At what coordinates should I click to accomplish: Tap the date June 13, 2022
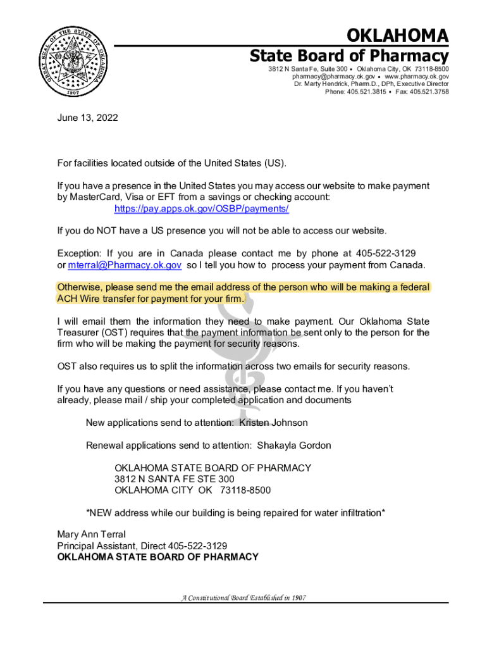pos(87,118)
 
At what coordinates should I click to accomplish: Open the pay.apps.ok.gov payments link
pos(202,208)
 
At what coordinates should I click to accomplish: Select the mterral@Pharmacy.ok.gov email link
pos(125,265)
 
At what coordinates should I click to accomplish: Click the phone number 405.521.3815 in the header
pos(366,92)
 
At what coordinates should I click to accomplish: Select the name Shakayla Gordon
pos(293,445)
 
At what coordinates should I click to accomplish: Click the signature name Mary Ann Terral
pos(91,534)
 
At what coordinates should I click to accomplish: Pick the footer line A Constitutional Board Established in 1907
pos(244,597)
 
